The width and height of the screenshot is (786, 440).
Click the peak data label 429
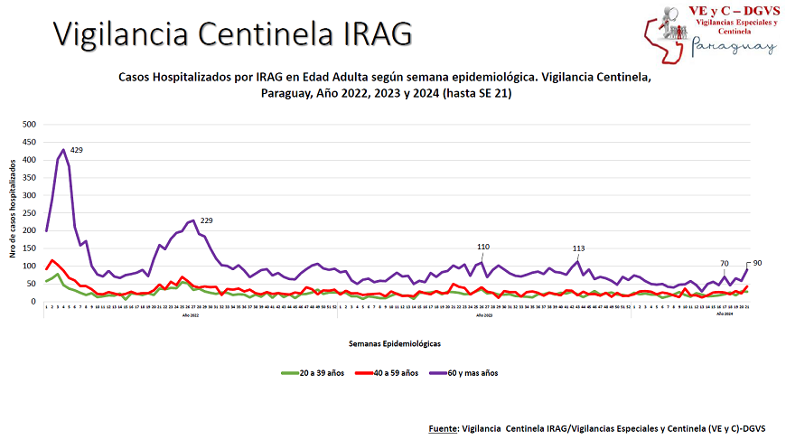point(77,150)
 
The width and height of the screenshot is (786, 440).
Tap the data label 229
point(206,221)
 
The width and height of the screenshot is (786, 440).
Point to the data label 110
point(483,247)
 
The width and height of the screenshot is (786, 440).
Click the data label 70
point(725,264)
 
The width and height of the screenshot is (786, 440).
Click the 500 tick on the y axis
point(30,125)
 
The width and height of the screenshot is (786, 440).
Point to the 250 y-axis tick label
point(30,213)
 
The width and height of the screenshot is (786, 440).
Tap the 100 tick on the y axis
point(30,267)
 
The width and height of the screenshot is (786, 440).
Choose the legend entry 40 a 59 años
point(393,372)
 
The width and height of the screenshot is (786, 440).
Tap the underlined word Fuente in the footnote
point(443,426)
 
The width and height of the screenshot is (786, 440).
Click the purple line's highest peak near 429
point(63,150)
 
